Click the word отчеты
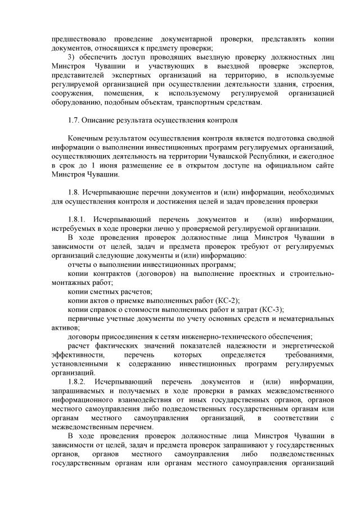(x=79, y=264)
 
